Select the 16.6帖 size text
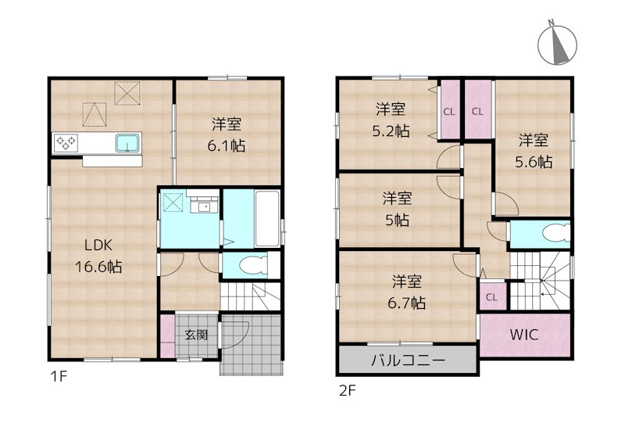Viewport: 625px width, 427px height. (98, 267)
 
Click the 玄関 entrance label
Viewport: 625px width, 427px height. (196, 335)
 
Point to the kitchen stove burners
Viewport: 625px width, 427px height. (65, 142)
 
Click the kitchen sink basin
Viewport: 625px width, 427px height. (127, 142)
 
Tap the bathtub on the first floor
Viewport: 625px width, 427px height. (268, 218)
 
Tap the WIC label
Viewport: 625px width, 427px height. (525, 335)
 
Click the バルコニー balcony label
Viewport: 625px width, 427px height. (407, 361)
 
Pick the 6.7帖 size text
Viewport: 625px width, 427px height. (409, 303)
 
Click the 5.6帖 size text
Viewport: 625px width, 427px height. (534, 162)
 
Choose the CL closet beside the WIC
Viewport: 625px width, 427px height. (491, 296)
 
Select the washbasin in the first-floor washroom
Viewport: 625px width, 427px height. (205, 206)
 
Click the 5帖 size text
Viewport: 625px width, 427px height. (396, 220)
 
